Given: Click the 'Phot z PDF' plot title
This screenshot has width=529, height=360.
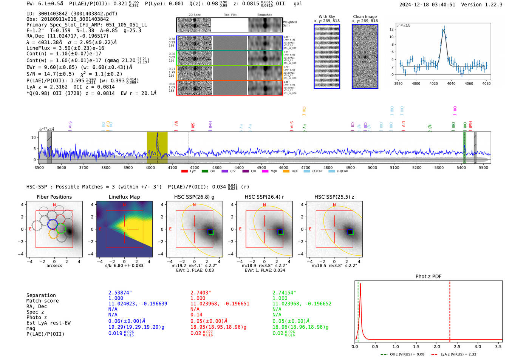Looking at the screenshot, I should tap(428, 277).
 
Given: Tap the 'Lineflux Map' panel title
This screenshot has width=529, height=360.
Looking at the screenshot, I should tap(124, 197).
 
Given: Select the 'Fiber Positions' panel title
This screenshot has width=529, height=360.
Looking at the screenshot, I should tap(54, 197).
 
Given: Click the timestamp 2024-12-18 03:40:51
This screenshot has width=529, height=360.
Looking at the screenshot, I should tap(427, 5).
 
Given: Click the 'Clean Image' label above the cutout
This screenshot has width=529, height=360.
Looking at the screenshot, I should tap(365, 17).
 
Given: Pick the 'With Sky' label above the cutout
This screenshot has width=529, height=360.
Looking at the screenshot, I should tap(326, 17).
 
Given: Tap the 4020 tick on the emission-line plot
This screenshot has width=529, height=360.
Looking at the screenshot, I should tap(434, 83).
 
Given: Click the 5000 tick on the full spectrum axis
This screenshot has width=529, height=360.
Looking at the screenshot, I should tap(373, 168).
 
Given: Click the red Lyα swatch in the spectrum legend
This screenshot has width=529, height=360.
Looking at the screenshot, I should tap(184, 172).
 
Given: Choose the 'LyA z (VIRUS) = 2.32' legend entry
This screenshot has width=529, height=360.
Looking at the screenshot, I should tap(458, 354).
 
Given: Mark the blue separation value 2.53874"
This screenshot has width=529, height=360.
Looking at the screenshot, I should tap(120, 293).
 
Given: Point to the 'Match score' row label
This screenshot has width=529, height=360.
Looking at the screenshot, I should tap(42, 301).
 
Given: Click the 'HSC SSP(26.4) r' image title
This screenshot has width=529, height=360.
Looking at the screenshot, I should tap(264, 197).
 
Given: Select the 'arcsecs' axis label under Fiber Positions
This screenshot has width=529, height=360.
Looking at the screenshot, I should tap(54, 266).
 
